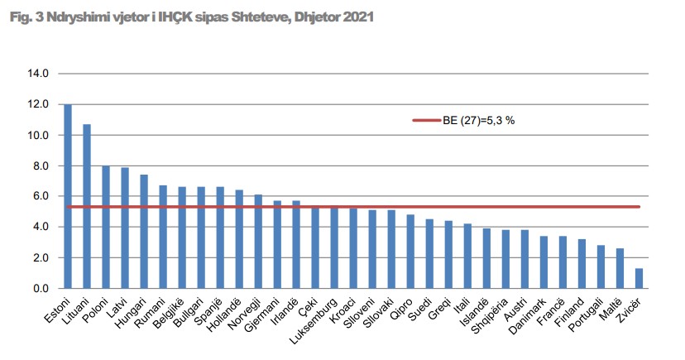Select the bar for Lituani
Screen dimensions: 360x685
tap(87, 206)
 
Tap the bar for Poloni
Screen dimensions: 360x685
tap(106, 227)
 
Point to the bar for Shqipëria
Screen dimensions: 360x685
tap(505, 259)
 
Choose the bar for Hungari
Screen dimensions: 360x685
tap(144, 232)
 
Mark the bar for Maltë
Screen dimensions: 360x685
tap(620, 268)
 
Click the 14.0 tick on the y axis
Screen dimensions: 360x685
tap(39, 74)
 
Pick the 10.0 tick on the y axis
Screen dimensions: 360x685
tap(39, 135)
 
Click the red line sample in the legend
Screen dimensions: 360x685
tap(429, 120)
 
